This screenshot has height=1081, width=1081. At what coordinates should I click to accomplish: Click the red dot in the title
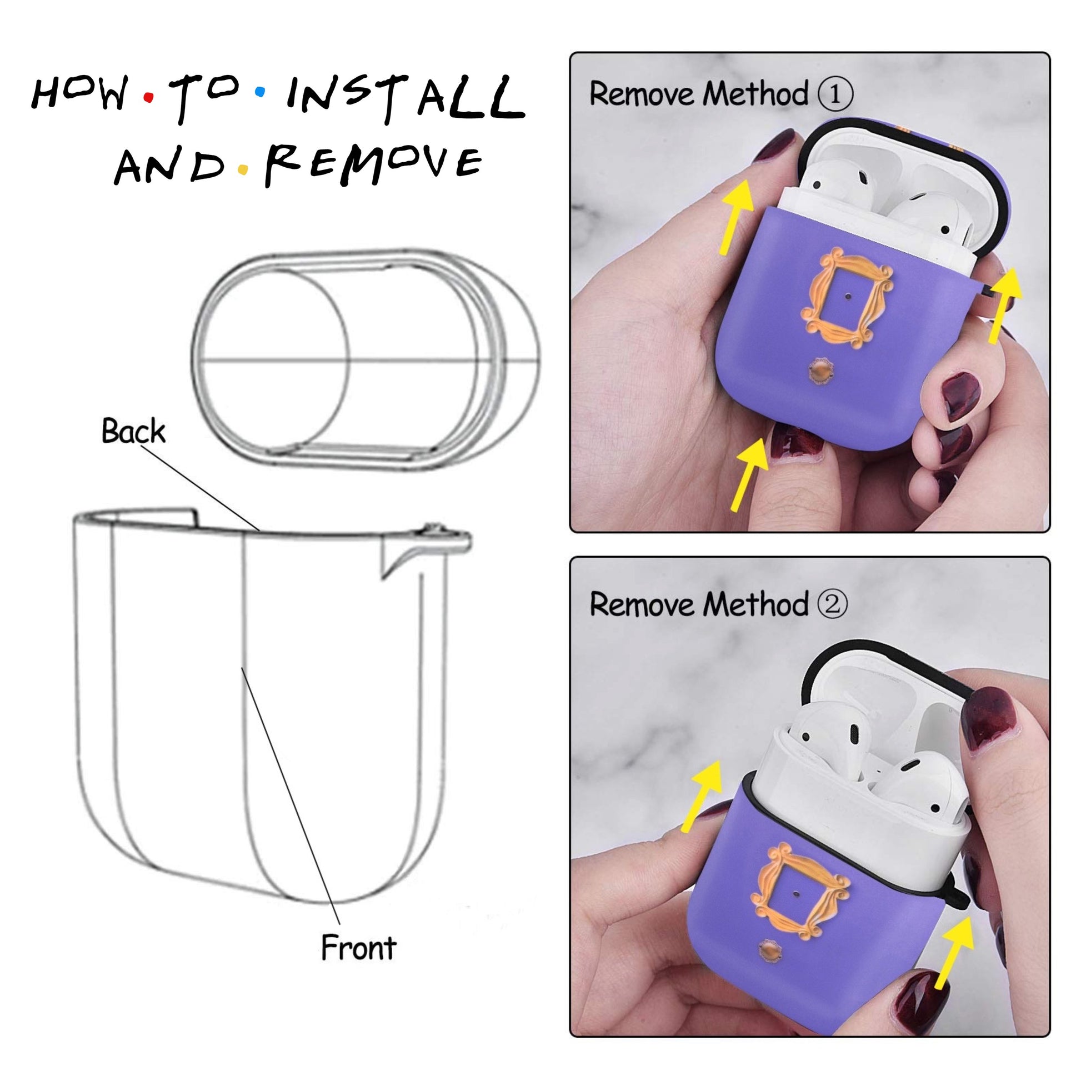pyautogui.click(x=148, y=97)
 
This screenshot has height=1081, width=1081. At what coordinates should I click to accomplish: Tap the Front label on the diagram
pyautogui.click(x=359, y=948)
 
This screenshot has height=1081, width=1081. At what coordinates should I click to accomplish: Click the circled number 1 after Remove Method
pyautogui.click(x=835, y=94)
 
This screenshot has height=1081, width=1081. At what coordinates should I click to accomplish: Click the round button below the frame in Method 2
pyautogui.click(x=770, y=951)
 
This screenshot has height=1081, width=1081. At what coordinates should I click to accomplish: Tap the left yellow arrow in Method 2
pyautogui.click(x=702, y=795)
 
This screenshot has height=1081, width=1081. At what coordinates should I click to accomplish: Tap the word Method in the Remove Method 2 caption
pyautogui.click(x=756, y=604)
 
